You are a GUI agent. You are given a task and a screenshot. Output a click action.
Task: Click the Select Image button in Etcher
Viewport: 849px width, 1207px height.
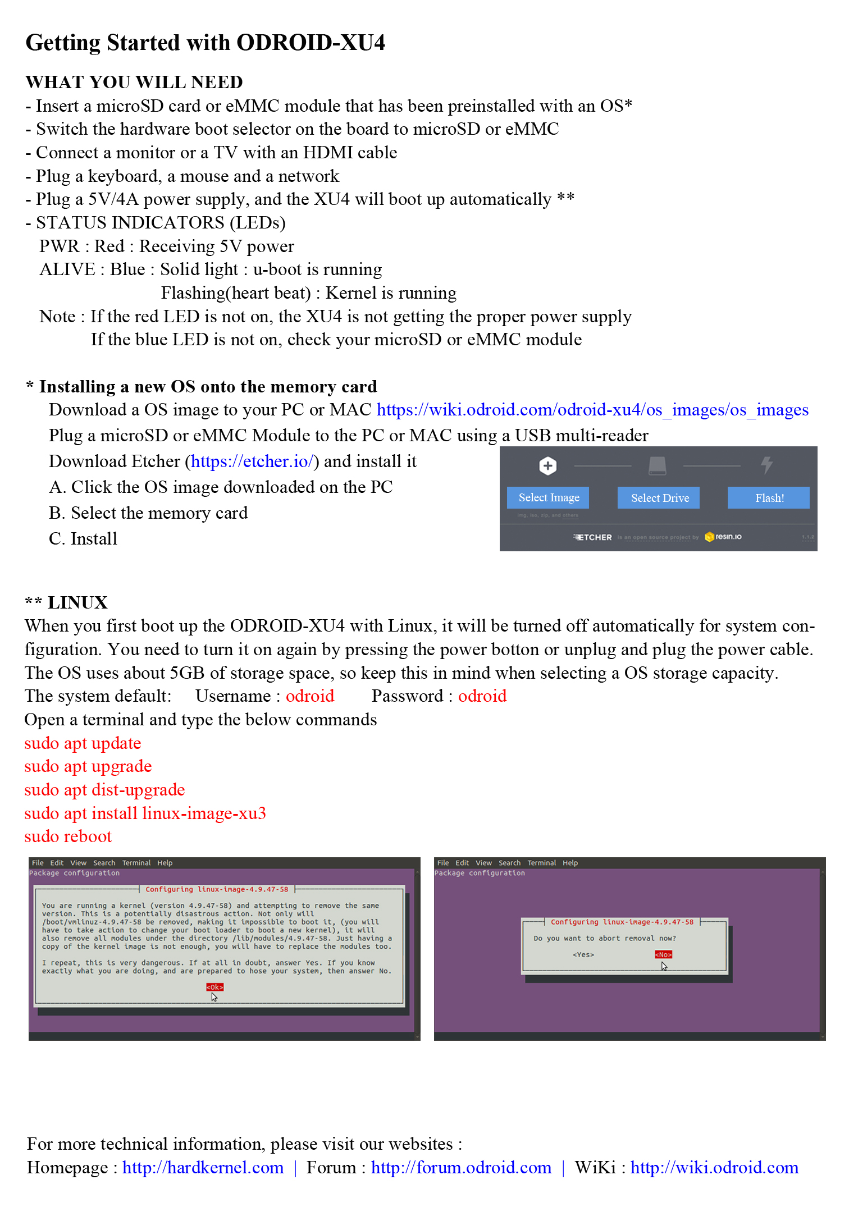tap(548, 498)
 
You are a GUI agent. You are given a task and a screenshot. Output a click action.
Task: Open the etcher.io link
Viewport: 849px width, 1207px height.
tap(252, 461)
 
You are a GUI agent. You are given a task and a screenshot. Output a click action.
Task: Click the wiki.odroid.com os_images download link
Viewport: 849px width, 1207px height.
tap(592, 410)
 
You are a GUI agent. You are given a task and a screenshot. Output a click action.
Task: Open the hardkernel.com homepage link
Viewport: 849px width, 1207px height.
tap(203, 1167)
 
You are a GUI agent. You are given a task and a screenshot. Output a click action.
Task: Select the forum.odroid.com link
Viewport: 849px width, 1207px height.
tap(461, 1167)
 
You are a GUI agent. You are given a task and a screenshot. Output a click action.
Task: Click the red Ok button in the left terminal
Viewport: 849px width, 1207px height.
tap(214, 987)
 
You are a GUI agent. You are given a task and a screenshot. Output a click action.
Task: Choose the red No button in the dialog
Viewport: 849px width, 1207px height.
tap(663, 954)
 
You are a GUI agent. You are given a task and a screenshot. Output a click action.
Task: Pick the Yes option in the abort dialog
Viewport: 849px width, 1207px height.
tap(583, 954)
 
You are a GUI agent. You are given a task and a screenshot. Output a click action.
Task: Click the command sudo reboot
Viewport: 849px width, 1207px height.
tap(68, 836)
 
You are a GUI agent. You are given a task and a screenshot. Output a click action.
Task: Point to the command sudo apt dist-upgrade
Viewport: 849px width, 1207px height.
tap(104, 790)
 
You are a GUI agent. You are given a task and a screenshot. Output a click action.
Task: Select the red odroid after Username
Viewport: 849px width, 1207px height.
tap(310, 696)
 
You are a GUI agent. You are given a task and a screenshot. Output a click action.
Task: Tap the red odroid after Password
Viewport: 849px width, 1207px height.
tap(482, 696)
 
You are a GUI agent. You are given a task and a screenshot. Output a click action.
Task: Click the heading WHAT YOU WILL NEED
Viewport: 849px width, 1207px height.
tap(134, 83)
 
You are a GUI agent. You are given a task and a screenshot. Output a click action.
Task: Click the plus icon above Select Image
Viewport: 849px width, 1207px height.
tap(548, 465)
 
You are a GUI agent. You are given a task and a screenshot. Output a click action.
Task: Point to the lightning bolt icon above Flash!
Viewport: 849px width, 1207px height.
tap(767, 465)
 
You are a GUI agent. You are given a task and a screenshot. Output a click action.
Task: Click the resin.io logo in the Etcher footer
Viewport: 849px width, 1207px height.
tap(723, 537)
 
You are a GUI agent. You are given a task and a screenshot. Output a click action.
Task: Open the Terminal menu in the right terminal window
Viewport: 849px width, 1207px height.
tap(541, 863)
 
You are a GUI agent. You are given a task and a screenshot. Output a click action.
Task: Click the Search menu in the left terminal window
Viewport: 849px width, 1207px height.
tap(104, 863)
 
